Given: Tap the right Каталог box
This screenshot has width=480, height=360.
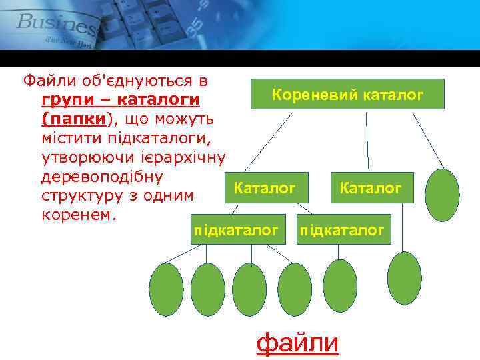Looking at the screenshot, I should tap(370, 189).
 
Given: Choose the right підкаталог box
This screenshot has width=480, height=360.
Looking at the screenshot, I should tap(341, 231).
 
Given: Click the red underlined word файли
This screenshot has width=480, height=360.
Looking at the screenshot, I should tap(298, 343).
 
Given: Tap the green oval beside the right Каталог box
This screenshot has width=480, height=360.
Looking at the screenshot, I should tap(443, 195).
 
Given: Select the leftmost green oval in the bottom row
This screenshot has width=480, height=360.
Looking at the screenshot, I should tap(166, 289).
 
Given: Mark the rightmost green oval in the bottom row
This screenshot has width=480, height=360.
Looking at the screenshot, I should tap(404, 278).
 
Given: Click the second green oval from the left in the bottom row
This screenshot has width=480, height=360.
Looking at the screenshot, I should tap(207, 289).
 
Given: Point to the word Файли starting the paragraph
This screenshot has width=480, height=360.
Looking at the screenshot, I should tap(45, 82).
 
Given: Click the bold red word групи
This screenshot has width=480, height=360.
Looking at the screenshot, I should tap(66, 101).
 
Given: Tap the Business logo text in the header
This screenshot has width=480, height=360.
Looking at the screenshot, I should tap(57, 23).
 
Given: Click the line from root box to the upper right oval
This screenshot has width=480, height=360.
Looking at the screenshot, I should tap(428, 140).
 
